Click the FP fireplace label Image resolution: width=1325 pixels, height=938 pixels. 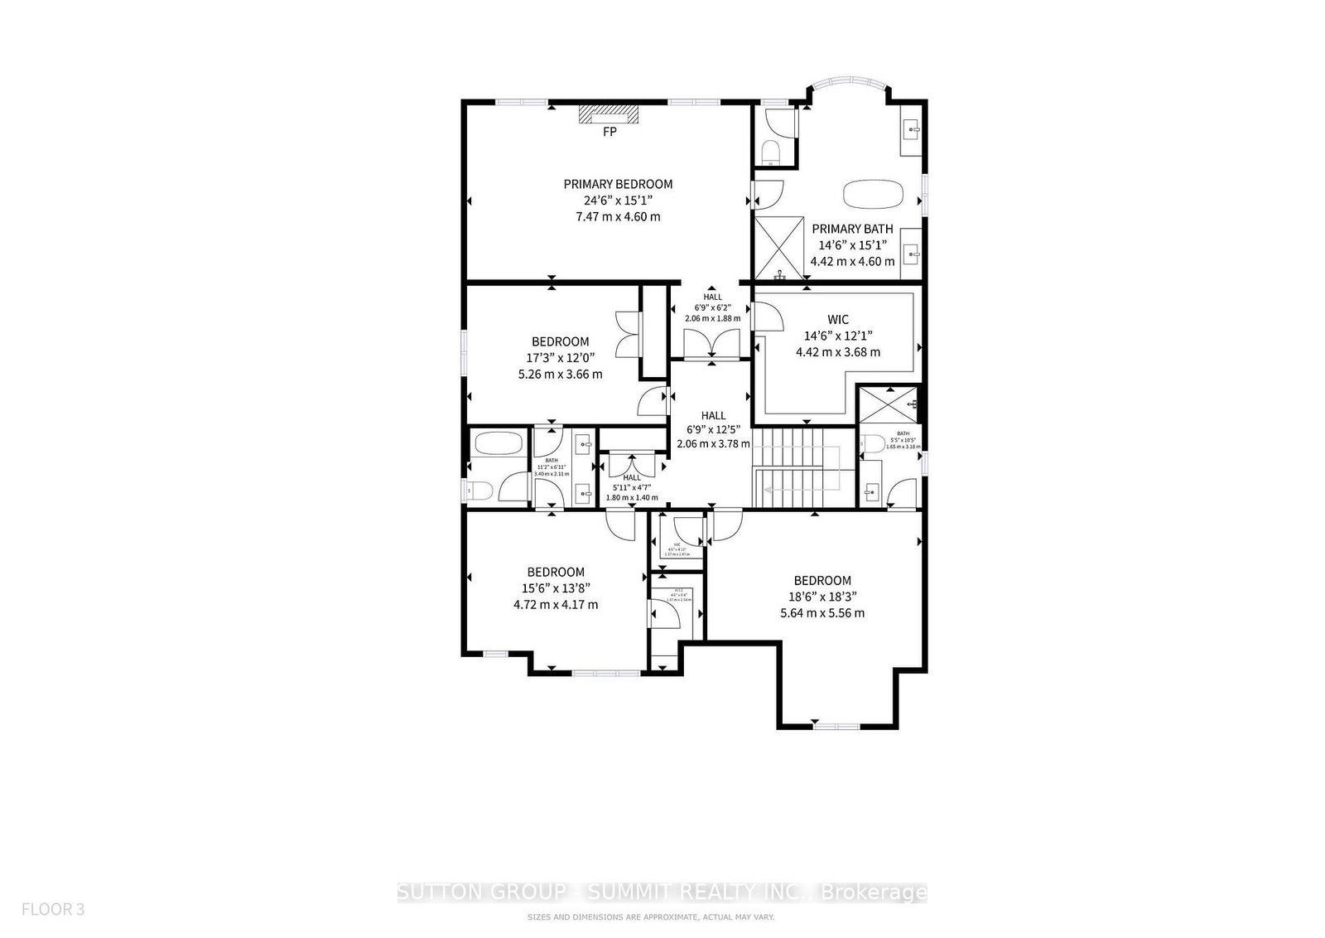point(609,132)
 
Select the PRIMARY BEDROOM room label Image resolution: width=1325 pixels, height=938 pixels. point(618,184)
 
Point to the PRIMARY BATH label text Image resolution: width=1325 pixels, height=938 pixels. point(852,230)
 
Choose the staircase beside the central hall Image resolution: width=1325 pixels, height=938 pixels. point(797,467)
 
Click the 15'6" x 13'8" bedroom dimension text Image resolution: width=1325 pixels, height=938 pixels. point(556,588)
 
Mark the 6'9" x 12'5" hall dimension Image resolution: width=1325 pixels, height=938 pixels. point(713,430)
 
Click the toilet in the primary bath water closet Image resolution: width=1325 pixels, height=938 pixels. point(770,154)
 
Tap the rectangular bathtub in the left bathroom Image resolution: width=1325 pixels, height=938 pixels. point(498,443)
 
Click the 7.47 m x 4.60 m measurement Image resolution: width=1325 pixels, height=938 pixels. point(618,217)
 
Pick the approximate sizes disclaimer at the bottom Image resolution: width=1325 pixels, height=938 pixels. point(651,917)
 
